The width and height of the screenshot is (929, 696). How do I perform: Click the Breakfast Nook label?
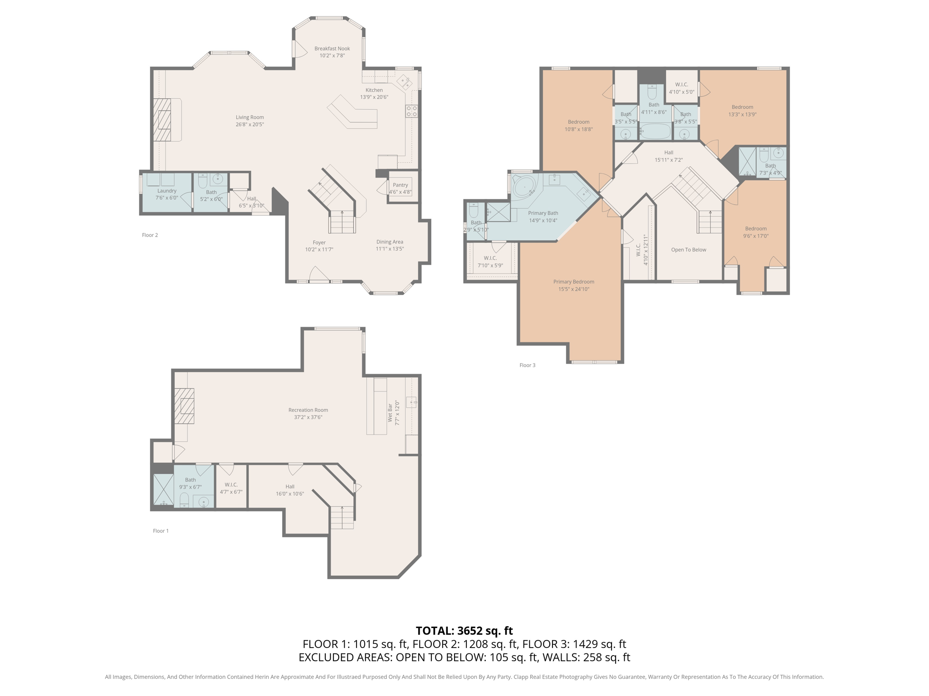pos(332,48)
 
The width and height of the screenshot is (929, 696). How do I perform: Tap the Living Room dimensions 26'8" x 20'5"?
pos(249,124)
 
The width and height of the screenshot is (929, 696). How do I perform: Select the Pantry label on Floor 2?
pos(400,185)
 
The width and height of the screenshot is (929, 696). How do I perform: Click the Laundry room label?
pos(167,191)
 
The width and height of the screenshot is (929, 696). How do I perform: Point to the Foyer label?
pos(319,242)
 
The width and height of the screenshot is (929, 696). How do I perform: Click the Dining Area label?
pos(390,242)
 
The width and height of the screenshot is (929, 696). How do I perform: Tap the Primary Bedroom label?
pos(574,282)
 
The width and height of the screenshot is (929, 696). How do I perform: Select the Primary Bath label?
pos(543,213)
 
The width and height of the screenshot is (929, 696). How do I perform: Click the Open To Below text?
pos(689,250)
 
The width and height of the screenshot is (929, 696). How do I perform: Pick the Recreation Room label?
pos(308,410)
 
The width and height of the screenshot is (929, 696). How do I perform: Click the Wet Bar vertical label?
pos(390,413)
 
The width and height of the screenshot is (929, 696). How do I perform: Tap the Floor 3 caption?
pos(527,365)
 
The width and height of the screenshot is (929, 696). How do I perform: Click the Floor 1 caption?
pos(161,531)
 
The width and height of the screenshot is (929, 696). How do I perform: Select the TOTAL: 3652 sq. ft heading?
pos(464,631)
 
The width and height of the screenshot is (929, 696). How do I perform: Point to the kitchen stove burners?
pos(411,111)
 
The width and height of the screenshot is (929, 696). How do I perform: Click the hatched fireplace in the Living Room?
pos(161,120)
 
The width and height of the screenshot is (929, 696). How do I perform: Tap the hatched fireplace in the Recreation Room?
pos(184,406)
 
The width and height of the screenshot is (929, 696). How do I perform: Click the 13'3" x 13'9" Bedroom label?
pos(742,107)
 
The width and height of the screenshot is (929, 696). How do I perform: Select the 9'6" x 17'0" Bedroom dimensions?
pos(756,236)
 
